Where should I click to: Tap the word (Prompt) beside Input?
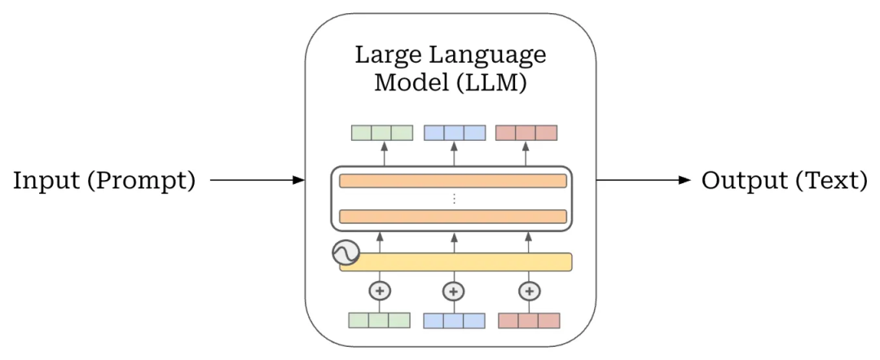[x=142, y=181]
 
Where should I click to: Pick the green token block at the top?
[x=381, y=133]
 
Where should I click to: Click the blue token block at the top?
[x=455, y=133]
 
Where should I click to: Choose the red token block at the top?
[x=526, y=133]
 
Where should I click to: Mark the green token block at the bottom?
[x=379, y=320]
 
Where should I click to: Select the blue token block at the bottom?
[x=454, y=320]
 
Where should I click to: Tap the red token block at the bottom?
[x=529, y=320]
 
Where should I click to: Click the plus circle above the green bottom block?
[x=379, y=291]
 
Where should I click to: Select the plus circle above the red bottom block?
[x=530, y=291]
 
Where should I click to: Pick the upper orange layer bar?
[x=452, y=181]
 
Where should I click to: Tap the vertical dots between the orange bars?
[x=453, y=199]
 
